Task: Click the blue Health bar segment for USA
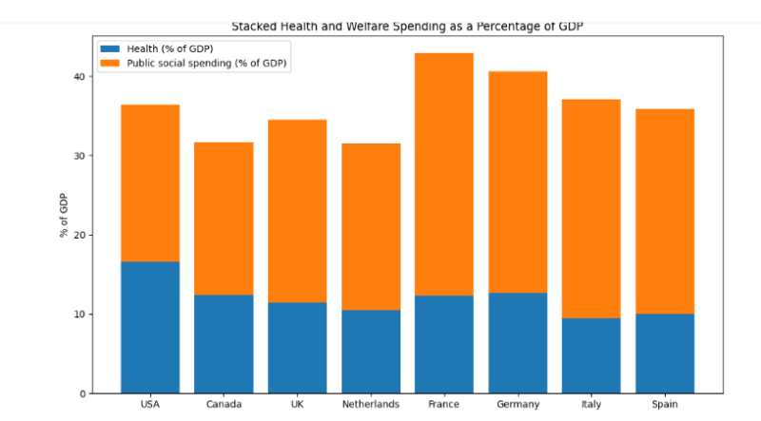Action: tap(149, 327)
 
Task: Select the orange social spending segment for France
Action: tap(444, 174)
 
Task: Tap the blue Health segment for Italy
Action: tap(591, 355)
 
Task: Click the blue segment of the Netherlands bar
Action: tap(371, 352)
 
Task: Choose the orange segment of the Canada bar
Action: tap(224, 219)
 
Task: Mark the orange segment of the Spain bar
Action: tap(664, 211)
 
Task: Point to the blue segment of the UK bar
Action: tap(297, 348)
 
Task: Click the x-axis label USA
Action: tap(149, 405)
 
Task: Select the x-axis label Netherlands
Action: tap(371, 405)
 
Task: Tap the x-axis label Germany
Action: tap(517, 405)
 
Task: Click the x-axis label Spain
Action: tap(664, 405)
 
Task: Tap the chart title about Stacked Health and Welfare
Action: tap(407, 27)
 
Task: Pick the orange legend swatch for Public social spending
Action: tap(109, 63)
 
